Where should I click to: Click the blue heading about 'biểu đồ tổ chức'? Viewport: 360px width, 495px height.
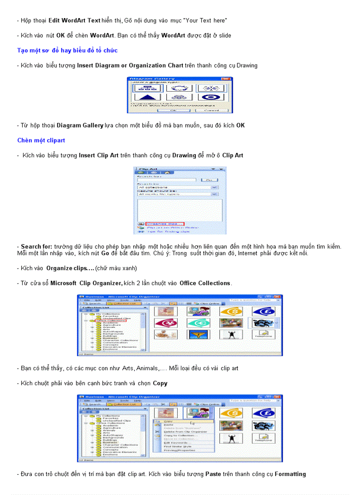pos(67,50)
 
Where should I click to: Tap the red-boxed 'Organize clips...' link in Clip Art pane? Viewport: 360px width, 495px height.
pos(164,223)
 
